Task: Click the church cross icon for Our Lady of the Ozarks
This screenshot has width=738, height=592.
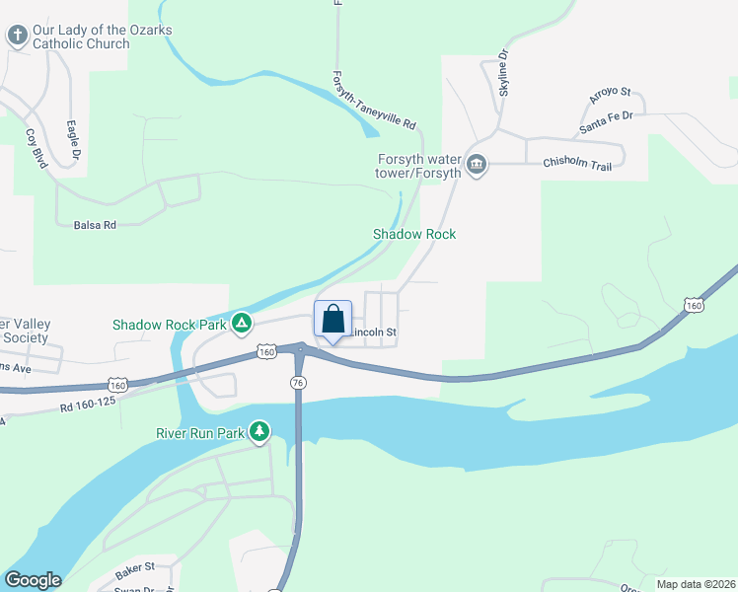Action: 17,37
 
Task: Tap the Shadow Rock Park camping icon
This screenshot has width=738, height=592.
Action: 240,324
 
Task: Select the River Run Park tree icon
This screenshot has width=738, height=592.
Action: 259,431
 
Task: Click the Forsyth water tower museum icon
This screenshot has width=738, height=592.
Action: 477,163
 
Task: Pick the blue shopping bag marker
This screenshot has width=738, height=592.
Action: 333,320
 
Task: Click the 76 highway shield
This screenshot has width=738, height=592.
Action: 298,381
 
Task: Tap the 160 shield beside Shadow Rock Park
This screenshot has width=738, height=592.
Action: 266,351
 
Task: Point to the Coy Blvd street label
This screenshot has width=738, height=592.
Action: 37,149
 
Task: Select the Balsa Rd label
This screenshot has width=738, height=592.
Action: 95,225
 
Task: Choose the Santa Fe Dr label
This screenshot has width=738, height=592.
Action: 606,122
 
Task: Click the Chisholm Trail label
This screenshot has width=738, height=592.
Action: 577,165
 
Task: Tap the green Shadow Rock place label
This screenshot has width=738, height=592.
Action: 413,234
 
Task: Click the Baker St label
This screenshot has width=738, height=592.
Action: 135,566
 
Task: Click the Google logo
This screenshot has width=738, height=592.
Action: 33,580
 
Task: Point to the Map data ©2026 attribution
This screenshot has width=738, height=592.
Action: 695,584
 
